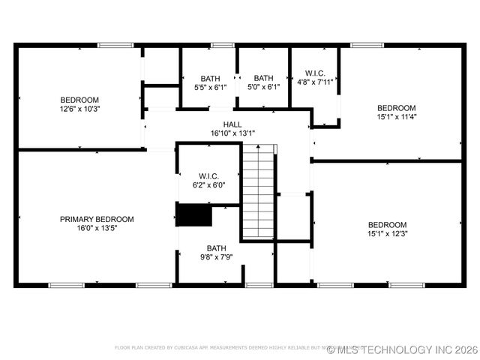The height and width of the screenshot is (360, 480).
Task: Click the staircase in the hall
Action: pyautogui.click(x=259, y=191)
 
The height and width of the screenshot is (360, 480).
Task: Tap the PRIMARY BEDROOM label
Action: pyautogui.click(x=97, y=219)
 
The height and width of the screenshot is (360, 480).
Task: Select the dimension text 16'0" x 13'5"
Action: pyautogui.click(x=97, y=228)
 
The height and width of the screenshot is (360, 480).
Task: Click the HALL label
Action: pyautogui.click(x=232, y=124)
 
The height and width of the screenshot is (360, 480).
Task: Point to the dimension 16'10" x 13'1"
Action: pyautogui.click(x=232, y=133)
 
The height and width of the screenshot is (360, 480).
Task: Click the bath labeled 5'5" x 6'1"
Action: pyautogui.click(x=210, y=78)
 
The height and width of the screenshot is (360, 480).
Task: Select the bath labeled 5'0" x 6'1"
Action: pyautogui.click(x=263, y=78)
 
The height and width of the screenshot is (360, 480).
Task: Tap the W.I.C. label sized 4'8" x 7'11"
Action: pyautogui.click(x=315, y=73)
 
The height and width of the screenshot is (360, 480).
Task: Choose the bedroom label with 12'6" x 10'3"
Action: pyautogui.click(x=79, y=100)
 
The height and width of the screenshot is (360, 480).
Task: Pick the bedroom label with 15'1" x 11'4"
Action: pyautogui.click(x=396, y=107)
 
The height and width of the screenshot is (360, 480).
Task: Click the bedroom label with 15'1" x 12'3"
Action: pyautogui.click(x=387, y=225)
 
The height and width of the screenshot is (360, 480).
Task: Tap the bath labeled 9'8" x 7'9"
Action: pyautogui.click(x=217, y=248)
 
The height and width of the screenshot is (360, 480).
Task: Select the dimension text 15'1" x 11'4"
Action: pyautogui.click(x=396, y=116)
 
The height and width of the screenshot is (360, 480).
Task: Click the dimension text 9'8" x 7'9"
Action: pyautogui.click(x=217, y=257)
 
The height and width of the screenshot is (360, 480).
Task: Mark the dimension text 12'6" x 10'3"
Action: pyautogui.click(x=79, y=109)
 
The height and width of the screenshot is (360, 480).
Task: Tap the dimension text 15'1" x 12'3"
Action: pyautogui.click(x=387, y=234)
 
